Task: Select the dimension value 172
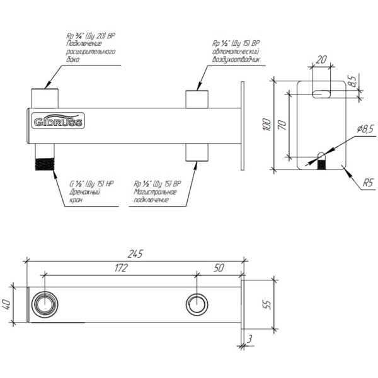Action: click(x=122, y=268)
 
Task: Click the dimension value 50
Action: click(x=219, y=268)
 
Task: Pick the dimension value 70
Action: click(x=282, y=125)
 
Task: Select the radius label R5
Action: click(x=369, y=184)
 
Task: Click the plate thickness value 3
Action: click(x=250, y=340)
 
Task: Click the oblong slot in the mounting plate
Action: click(x=323, y=93)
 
